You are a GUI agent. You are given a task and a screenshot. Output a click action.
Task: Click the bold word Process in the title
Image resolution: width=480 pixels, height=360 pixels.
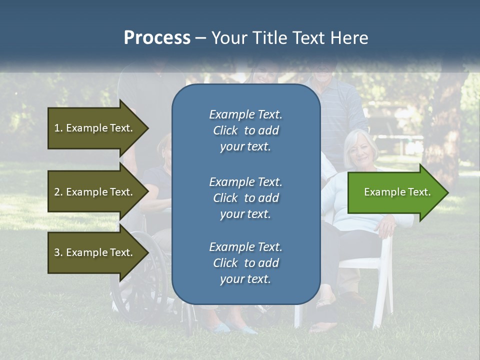(157, 38)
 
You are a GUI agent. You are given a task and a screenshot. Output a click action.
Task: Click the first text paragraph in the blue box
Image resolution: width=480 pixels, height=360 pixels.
(245, 130)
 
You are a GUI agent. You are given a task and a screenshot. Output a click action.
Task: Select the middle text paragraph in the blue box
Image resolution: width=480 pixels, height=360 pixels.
(245, 197)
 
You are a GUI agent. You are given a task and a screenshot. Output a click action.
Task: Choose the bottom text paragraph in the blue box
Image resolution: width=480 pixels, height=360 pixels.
(245, 263)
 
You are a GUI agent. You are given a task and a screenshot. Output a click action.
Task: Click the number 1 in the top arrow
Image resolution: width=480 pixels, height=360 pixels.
(57, 128)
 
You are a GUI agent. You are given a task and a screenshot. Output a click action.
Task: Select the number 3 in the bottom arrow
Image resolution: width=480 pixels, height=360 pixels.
(57, 252)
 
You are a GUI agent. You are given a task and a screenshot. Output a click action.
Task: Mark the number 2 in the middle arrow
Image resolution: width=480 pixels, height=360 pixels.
(57, 192)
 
